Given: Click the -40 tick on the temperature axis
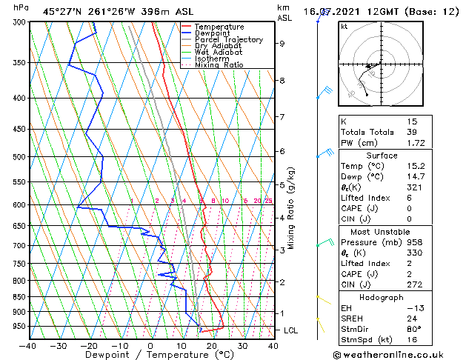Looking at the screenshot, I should (28, 345).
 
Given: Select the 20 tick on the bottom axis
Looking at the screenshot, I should (211, 345).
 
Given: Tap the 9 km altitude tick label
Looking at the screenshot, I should (282, 44).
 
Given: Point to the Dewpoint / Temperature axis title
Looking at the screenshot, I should (150, 355).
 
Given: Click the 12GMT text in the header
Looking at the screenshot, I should (389, 11).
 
